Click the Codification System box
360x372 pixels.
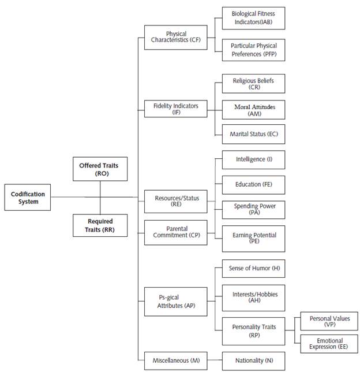[x=28, y=198]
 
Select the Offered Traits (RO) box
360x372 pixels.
[x=100, y=169]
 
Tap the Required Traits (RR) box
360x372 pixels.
[x=100, y=225]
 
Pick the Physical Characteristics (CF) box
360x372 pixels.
[x=176, y=38]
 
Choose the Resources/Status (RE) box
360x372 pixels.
[x=177, y=201]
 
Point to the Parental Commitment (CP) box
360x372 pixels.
[x=176, y=232]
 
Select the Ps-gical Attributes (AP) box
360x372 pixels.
[x=176, y=302]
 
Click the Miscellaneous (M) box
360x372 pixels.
[x=176, y=360]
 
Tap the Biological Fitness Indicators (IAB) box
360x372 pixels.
[x=253, y=18]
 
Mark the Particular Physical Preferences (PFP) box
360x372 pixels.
[x=253, y=49]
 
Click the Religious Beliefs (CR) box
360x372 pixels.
[x=253, y=84]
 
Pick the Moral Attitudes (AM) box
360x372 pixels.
[x=253, y=110]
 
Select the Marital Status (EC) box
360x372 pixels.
[x=253, y=134]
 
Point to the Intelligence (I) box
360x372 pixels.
[x=253, y=159]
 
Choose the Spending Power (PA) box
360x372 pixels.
[x=253, y=209]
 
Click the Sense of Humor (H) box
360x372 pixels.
[x=253, y=269]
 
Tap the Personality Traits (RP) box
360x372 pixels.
[x=253, y=330]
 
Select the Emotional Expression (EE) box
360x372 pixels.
[x=330, y=344]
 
